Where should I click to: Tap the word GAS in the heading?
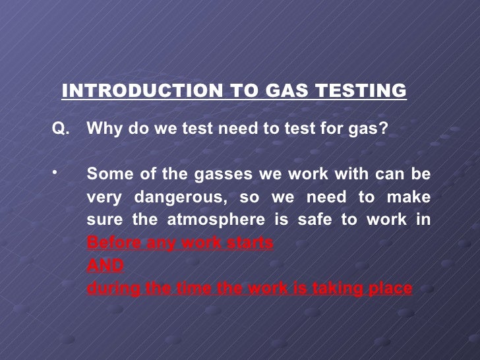[284, 90]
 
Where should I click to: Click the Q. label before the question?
[60, 129]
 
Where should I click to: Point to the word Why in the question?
[102, 129]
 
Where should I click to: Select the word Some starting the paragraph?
[106, 175]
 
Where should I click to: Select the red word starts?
[250, 243]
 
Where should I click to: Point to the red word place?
[389, 288]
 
